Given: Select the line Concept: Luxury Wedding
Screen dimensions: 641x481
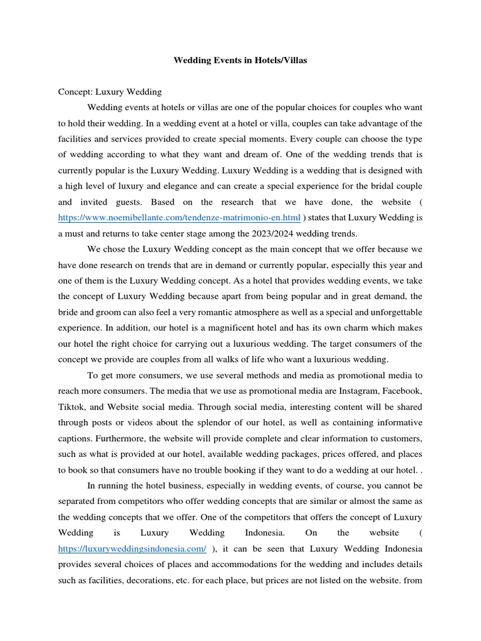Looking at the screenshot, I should pyautogui.click(x=110, y=91).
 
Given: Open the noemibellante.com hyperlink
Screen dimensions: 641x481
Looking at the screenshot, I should pyautogui.click(x=180, y=218).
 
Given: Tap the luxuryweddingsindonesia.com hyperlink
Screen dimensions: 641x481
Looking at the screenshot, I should pyautogui.click(x=132, y=548).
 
